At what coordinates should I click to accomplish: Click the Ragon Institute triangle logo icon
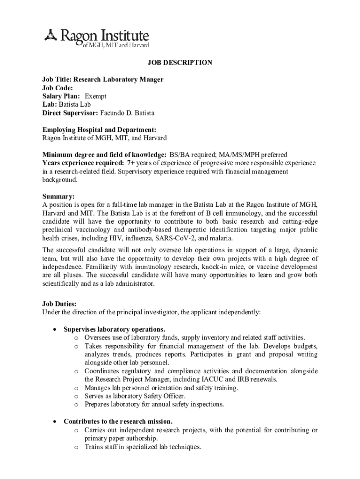click(50, 34)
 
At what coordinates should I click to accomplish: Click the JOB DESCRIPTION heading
click(180, 63)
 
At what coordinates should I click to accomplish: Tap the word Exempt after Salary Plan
click(95, 96)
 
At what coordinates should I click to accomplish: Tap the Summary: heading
click(58, 196)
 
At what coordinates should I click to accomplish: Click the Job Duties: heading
click(59, 304)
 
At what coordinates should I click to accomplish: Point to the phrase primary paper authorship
click(121, 438)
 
